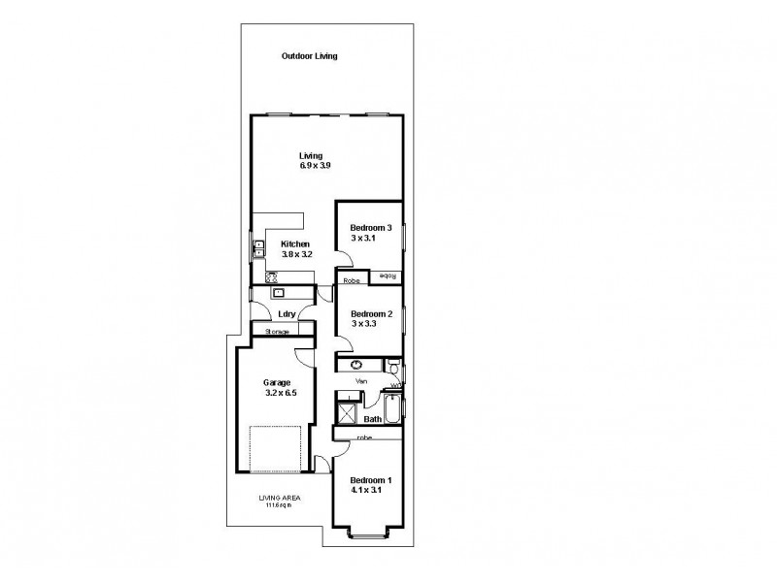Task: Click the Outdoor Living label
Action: [x=309, y=56]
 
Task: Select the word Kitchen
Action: [x=295, y=243]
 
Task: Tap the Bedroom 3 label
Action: [x=370, y=229]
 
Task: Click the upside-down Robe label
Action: [x=388, y=276]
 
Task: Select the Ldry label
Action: [x=286, y=314]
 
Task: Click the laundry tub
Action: [x=279, y=291]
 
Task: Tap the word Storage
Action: [x=277, y=332]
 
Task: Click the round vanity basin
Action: [x=356, y=365]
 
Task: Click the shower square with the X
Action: [x=346, y=412]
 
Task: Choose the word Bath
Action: [x=371, y=419]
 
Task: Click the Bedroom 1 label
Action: [x=370, y=481]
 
